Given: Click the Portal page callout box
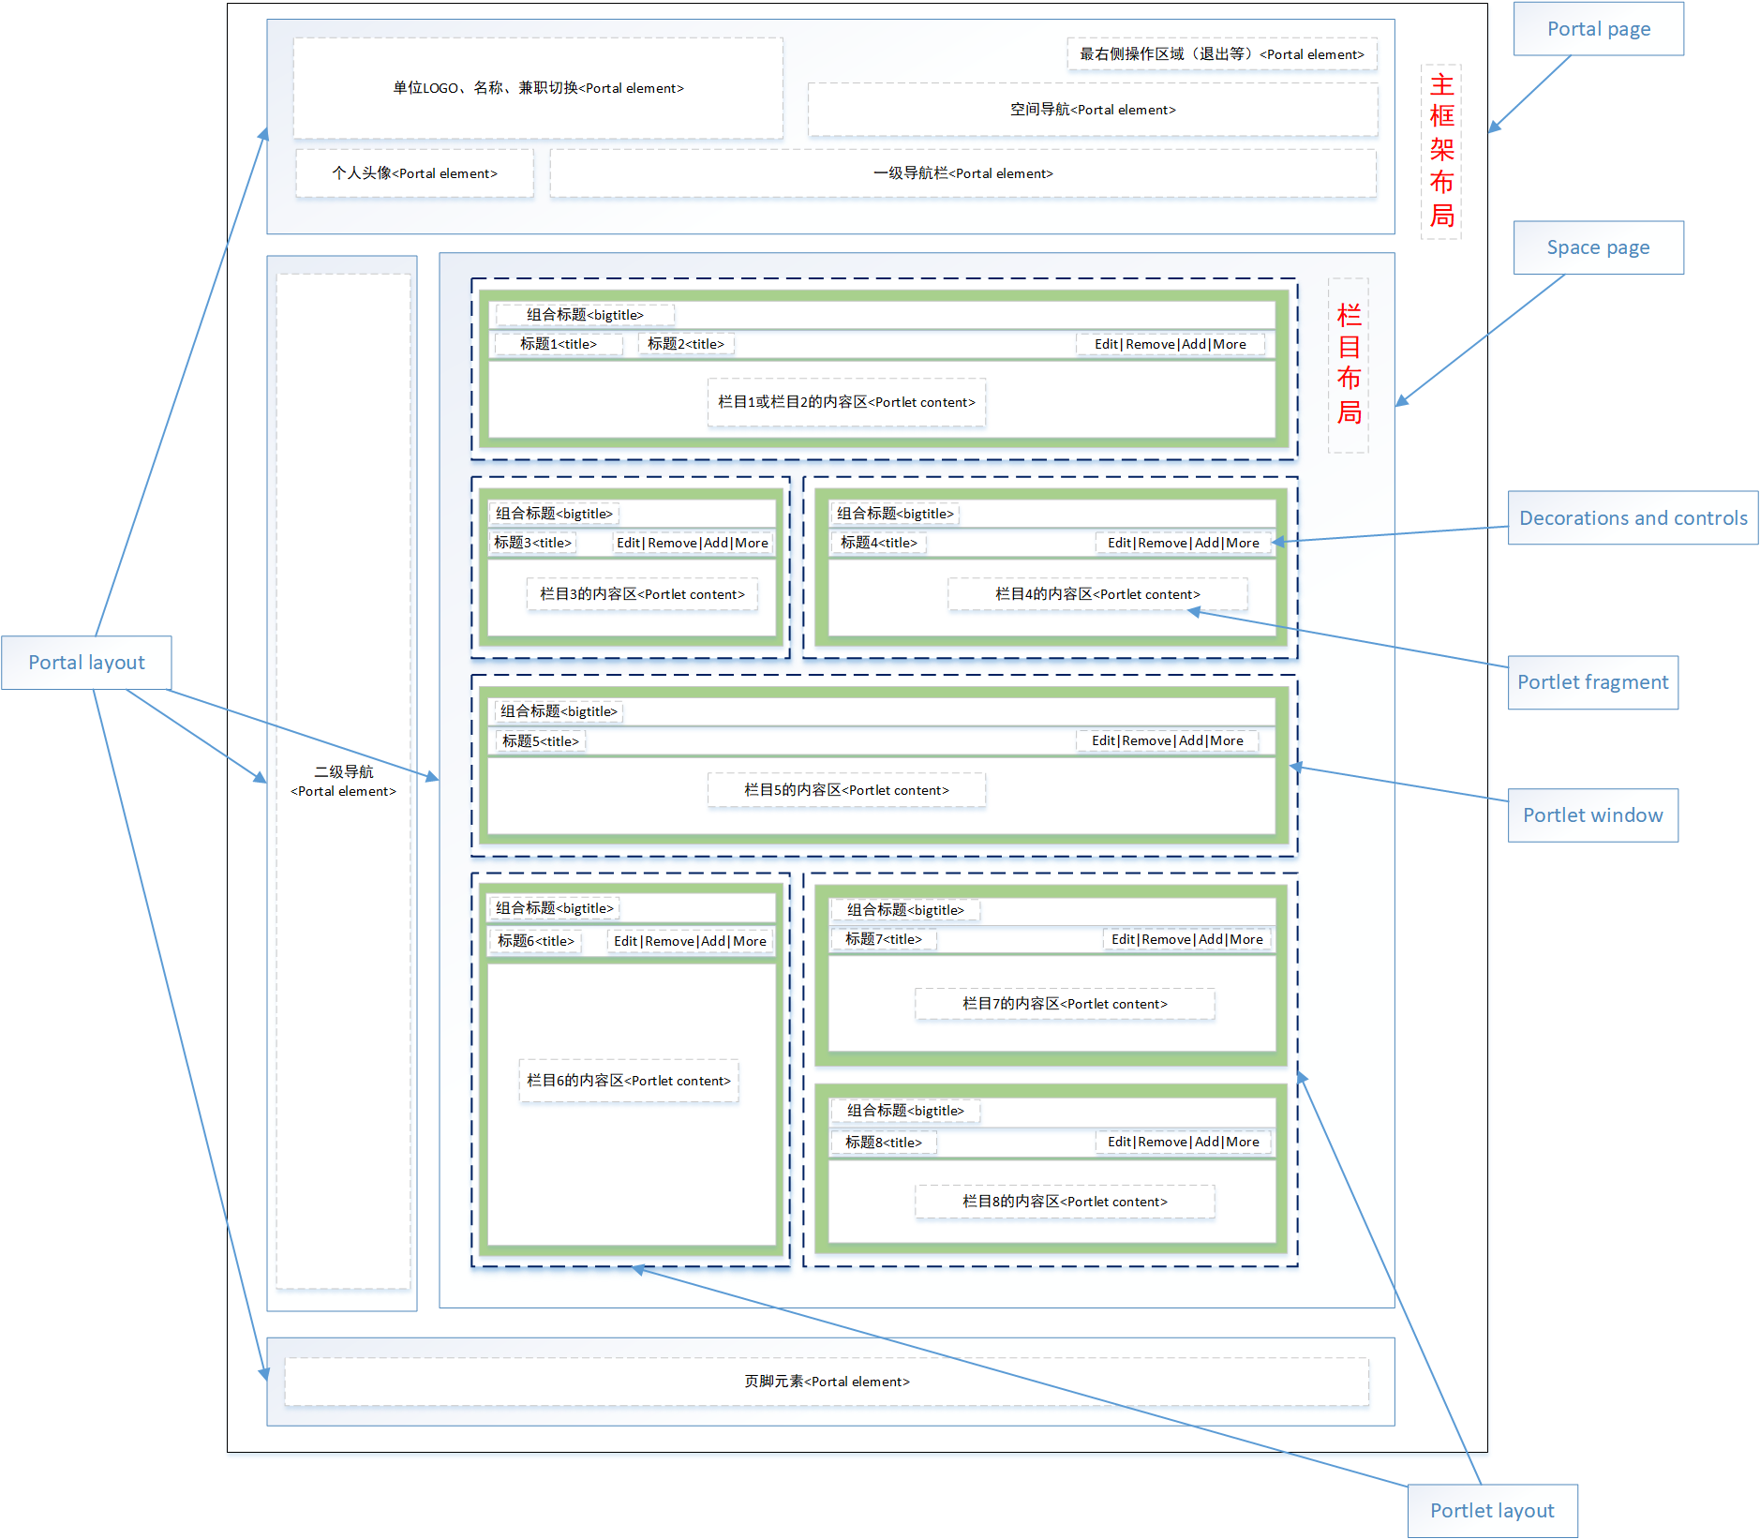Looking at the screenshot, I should point(1598,29).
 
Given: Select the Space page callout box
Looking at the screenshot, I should point(1598,247).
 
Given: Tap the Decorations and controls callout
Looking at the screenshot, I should point(1633,517).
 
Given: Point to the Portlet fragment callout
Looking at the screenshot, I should point(1592,682).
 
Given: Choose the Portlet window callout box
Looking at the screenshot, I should point(1592,815).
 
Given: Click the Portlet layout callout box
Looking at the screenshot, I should point(1492,1510).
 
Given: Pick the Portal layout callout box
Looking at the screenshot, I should point(86,663).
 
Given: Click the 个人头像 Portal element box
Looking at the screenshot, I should point(414,173).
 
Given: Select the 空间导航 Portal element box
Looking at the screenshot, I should point(1092,110).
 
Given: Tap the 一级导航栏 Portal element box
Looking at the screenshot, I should point(962,173).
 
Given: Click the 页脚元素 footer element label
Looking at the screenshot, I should point(827,1382).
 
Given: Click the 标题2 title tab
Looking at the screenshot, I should point(685,344).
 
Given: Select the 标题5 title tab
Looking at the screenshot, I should point(541,741).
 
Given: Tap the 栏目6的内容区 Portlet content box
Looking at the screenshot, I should point(629,1081).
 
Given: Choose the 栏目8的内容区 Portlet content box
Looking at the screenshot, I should point(1065,1202).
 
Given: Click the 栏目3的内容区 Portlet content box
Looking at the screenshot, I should point(642,594).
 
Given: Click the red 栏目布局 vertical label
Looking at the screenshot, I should point(1349,365).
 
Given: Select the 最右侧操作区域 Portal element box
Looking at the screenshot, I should point(1221,54).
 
